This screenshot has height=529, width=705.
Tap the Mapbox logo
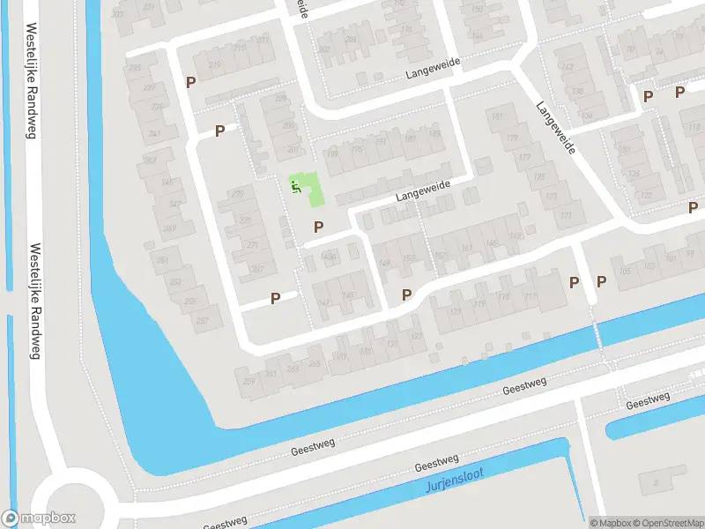click(38, 518)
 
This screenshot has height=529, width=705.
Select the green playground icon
click(297, 185)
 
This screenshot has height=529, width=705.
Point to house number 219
click(214, 64)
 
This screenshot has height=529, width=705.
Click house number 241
click(155, 134)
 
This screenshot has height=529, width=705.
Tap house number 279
click(236, 194)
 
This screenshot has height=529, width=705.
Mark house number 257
click(204, 319)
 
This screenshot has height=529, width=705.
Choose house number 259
click(249, 381)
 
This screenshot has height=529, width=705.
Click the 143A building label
click(330, 257)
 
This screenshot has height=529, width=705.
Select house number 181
click(499, 116)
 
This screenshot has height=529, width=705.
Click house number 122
click(646, 195)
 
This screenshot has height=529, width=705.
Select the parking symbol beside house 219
click(190, 82)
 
